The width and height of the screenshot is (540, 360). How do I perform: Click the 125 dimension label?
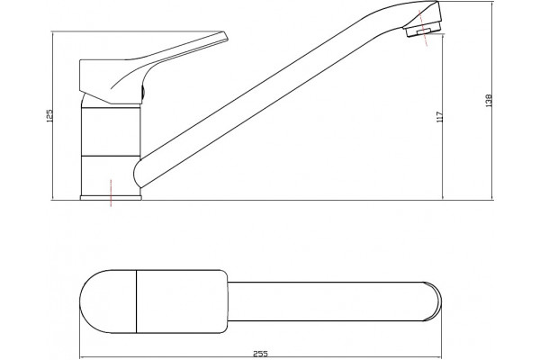pyautogui.click(x=49, y=116)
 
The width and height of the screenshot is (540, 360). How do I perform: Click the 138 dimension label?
pyautogui.click(x=489, y=101)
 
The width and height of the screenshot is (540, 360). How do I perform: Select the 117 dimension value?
pyautogui.click(x=439, y=117)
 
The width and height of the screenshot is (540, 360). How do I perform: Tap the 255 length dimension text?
pyautogui.click(x=260, y=354)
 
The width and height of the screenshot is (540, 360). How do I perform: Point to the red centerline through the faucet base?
pyautogui.click(x=111, y=193)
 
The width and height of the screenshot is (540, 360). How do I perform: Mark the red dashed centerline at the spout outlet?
pyautogui.click(x=423, y=28)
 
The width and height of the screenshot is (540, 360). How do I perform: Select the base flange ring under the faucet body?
pyautogui.click(x=111, y=198)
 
